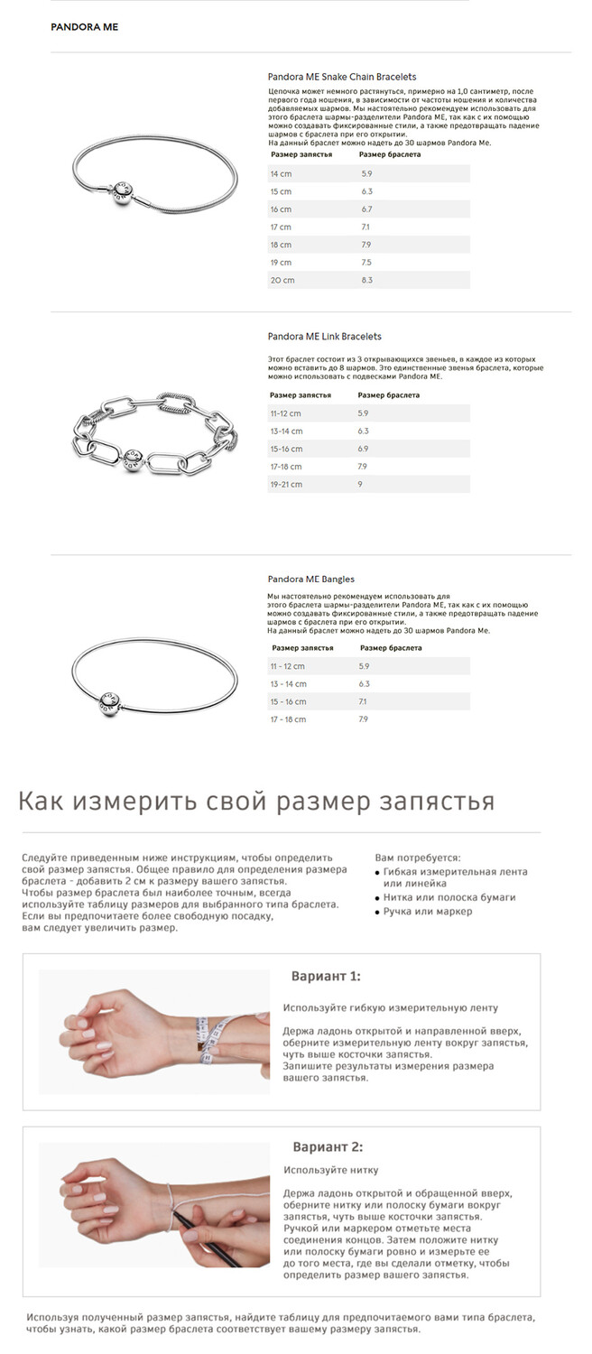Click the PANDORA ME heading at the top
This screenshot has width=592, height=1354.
tap(84, 27)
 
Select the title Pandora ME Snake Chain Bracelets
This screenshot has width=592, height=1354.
tap(342, 77)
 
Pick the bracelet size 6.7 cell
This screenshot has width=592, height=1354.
tap(366, 209)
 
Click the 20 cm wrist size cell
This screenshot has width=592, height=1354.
tap(282, 281)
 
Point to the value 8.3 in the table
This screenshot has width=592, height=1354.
tap(366, 281)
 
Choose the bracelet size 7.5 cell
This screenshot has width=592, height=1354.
tap(366, 263)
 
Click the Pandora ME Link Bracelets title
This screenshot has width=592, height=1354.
tap(324, 336)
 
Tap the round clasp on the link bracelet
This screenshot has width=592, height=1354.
tap(131, 452)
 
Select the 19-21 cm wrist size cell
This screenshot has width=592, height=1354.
tap(286, 485)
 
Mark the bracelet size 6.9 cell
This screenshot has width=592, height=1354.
tap(363, 449)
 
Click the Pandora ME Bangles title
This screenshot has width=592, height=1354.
tap(310, 579)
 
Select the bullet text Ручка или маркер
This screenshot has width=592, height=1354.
tap(429, 912)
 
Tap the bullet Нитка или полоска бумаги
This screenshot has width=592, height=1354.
tap(449, 897)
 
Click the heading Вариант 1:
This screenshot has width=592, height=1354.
tap(326, 977)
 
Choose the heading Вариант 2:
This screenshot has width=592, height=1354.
tap(328, 1147)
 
